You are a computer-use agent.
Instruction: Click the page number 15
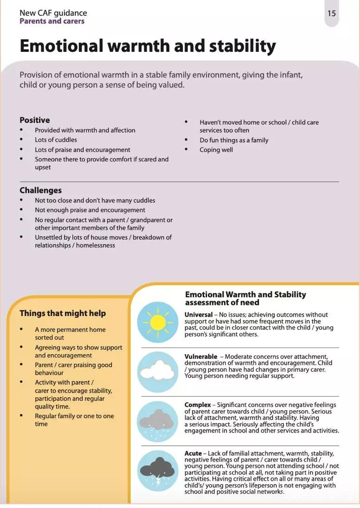click(331, 13)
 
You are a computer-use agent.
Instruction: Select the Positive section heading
click(35, 120)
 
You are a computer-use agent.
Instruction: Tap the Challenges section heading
click(40, 190)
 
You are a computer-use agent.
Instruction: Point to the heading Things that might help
click(63, 313)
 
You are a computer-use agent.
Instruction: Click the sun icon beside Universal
click(158, 322)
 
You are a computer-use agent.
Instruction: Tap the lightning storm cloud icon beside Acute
click(158, 470)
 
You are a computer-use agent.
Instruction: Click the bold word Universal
click(199, 315)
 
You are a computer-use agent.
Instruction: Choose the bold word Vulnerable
click(201, 356)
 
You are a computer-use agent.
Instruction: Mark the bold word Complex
click(198, 405)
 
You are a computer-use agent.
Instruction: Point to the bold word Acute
click(193, 453)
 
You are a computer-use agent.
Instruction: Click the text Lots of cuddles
click(56, 140)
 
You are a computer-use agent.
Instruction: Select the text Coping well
click(216, 150)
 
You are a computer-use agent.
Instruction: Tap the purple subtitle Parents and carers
click(52, 21)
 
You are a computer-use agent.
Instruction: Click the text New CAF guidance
click(53, 13)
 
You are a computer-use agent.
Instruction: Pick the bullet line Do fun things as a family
click(234, 140)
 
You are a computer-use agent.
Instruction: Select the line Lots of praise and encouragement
click(83, 150)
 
